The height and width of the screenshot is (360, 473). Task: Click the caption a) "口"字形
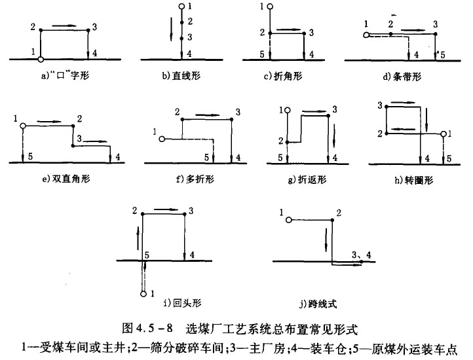[x=64, y=76]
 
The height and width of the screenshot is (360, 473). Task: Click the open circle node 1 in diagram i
[x=143, y=294]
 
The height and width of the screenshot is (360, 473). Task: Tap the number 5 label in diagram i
[x=147, y=253]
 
